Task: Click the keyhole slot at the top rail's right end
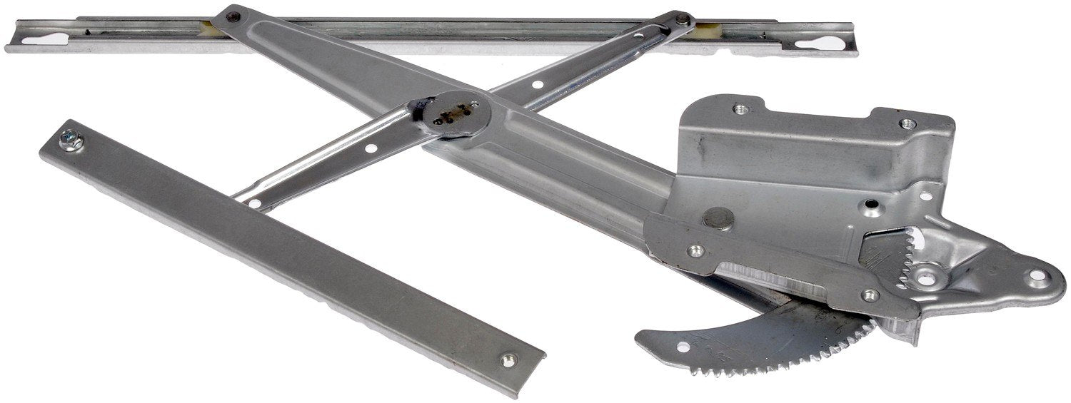click(x=816, y=44)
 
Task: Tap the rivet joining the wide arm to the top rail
click(x=233, y=15)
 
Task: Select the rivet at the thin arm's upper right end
click(x=683, y=19)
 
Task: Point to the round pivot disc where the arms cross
click(x=457, y=113)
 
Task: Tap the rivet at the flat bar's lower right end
click(x=507, y=360)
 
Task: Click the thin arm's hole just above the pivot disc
click(x=536, y=85)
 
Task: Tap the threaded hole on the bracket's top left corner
click(x=741, y=109)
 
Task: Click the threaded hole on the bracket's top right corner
click(x=907, y=123)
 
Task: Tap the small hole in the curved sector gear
click(x=683, y=347)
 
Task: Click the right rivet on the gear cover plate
click(x=870, y=294)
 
